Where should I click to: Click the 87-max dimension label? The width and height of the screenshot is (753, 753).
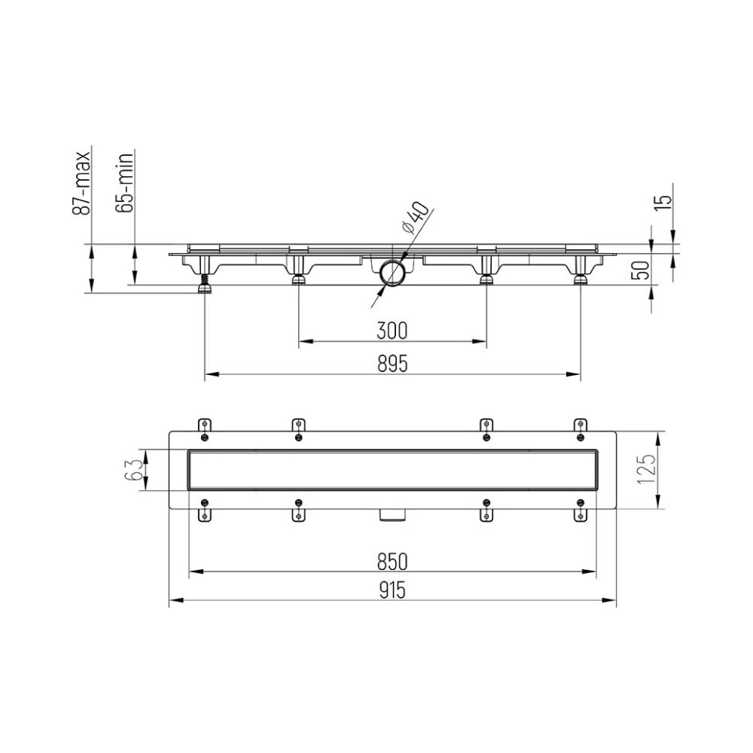81,183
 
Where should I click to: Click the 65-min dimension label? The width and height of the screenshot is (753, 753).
124,182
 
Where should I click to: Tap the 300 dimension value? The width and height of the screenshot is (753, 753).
392,331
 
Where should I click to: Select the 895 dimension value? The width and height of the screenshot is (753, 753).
392,364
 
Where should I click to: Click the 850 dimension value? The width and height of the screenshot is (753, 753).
392,562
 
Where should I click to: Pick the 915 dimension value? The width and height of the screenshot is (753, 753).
392,590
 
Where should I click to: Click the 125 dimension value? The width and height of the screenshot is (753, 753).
646,469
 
